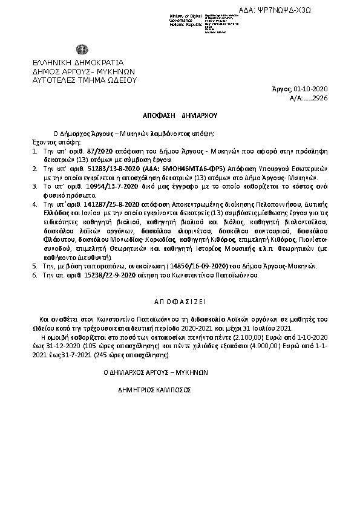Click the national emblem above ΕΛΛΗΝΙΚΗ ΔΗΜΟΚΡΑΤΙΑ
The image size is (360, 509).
(x=81, y=49)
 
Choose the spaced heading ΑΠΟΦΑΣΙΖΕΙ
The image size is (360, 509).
(x=180, y=300)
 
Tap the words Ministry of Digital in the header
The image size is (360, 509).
(x=184, y=15)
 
